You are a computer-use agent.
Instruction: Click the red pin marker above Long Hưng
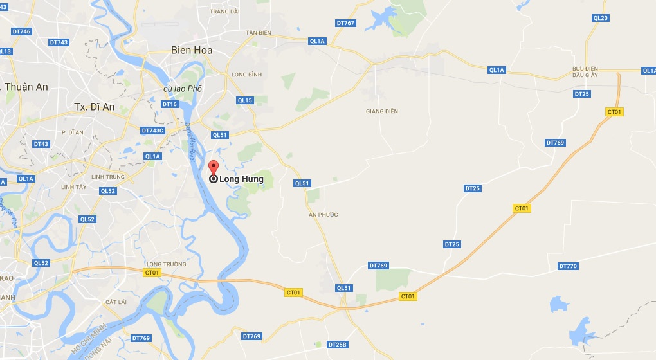(214, 166)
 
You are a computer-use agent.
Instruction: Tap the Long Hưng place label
(241, 179)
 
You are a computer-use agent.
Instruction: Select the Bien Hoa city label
(192, 50)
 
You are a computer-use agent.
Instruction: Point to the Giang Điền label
(382, 111)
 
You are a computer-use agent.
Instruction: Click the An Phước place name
(323, 215)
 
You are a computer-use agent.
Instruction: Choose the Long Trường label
(167, 264)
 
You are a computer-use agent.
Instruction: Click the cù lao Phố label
(183, 89)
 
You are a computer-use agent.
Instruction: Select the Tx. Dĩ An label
(94, 107)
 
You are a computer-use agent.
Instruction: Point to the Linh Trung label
(107, 177)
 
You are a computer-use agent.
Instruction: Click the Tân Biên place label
(259, 33)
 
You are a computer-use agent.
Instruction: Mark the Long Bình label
(246, 75)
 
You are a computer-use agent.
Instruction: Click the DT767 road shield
(345, 23)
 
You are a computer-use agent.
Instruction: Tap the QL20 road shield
(600, 18)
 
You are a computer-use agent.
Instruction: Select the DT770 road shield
(568, 266)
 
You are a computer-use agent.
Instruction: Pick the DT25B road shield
(337, 345)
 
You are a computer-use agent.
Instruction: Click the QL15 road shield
(245, 100)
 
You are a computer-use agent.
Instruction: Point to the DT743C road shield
(152, 130)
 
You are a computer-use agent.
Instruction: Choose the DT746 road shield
(21, 32)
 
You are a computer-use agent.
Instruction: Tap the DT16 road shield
(170, 104)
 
